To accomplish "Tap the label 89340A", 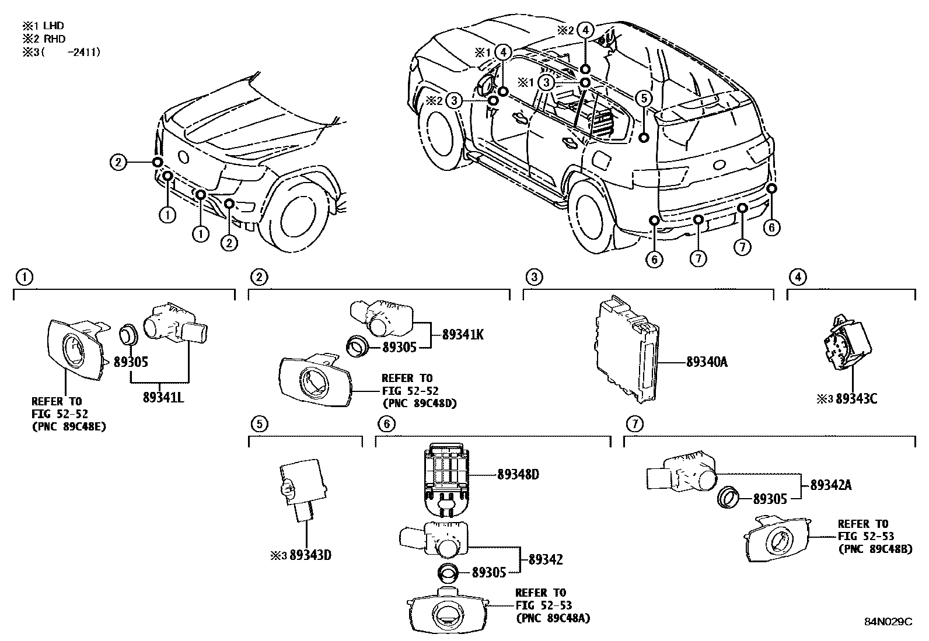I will click(707, 362).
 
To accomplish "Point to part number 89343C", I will click(856, 399).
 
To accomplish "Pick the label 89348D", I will click(518, 474).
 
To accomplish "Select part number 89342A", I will click(830, 485).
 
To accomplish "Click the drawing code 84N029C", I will click(888, 622).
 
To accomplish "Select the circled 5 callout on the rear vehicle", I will click(643, 98).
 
